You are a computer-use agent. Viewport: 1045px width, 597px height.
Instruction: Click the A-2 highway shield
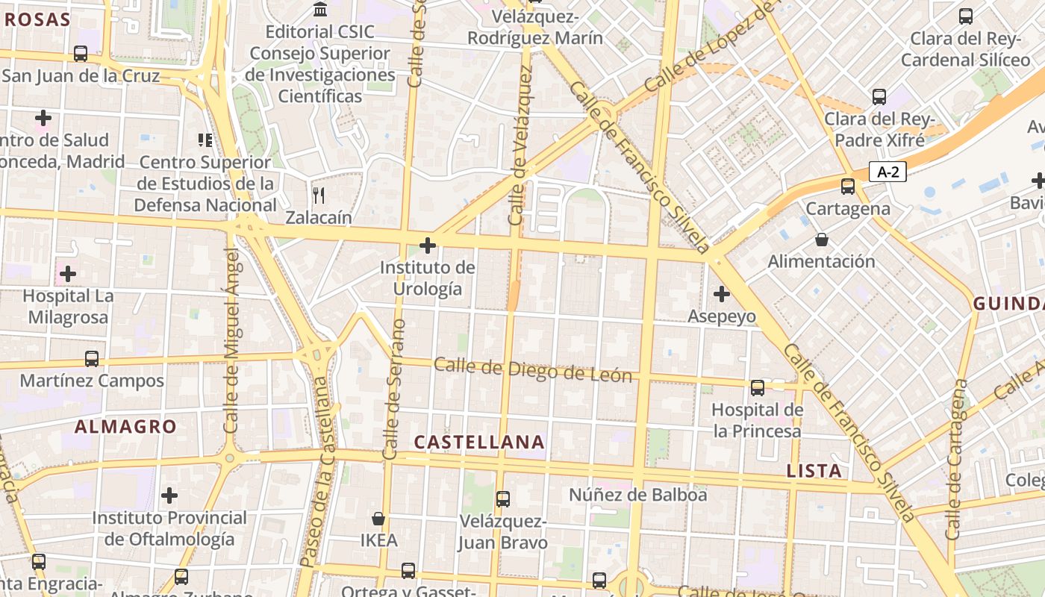888,172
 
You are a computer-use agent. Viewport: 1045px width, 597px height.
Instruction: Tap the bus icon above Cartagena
848,187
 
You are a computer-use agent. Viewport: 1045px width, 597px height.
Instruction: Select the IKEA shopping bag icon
379,519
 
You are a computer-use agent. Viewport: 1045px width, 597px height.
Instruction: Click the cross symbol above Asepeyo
722,294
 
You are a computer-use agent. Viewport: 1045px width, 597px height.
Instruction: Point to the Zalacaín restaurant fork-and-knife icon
319,196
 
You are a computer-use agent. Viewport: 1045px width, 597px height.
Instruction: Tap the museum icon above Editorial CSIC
320,10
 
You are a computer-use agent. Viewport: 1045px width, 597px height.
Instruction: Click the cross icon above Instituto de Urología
428,245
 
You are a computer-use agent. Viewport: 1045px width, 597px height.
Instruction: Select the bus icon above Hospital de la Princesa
758,388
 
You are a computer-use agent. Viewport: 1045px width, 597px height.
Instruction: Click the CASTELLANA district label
479,443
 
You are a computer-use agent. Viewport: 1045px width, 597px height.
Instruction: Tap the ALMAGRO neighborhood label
125,427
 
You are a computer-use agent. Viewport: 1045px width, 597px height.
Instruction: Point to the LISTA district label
814,471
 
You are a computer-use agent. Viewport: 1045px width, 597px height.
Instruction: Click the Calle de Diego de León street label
533,370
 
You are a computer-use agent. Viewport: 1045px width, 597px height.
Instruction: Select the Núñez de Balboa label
638,495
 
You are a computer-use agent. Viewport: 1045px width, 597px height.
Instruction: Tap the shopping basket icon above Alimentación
822,240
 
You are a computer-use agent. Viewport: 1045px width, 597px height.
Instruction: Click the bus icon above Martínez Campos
92,359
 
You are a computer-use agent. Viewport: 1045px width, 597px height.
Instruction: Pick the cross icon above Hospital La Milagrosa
68,274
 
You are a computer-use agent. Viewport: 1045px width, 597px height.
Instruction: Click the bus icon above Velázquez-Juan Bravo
503,499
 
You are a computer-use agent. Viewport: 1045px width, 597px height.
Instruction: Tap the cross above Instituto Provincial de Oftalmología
169,495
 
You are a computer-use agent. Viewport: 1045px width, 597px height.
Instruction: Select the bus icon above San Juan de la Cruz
81,54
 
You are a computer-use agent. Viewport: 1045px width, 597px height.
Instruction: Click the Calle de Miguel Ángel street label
232,340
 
